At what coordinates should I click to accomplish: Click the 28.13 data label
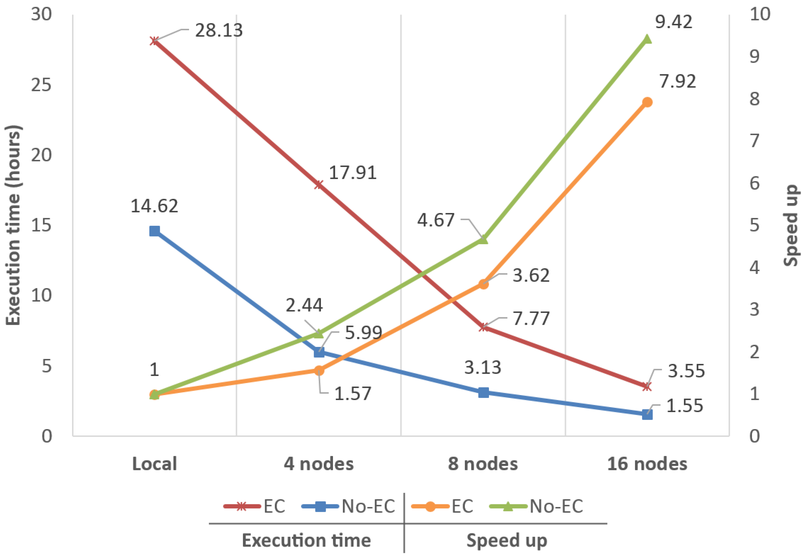pos(219,30)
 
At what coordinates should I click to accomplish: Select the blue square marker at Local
pos(154,231)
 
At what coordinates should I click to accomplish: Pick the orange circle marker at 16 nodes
pos(647,102)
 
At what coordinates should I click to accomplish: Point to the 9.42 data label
pos(673,22)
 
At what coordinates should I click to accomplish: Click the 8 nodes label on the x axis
pos(483,464)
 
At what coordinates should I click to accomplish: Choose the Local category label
pos(154,464)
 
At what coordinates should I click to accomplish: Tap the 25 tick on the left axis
pos(41,85)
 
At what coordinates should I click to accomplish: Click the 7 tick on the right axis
pos(755,141)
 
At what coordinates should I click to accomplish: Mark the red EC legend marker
pos(242,506)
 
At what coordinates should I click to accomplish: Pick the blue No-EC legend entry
pos(348,506)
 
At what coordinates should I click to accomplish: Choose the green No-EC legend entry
pos(537,506)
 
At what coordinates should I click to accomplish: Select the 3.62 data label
pos(531,275)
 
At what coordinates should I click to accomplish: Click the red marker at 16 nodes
pos(647,387)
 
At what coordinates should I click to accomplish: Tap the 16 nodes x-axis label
pos(647,464)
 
